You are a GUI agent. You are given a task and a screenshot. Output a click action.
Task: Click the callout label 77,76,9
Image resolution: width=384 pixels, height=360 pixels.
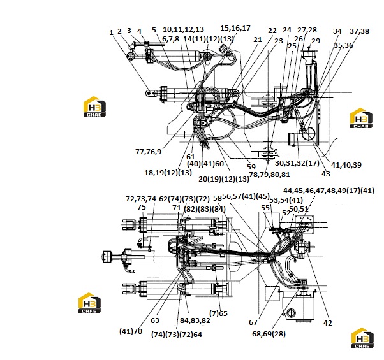(149, 152)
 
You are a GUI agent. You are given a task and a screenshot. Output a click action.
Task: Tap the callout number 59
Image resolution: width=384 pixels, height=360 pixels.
(251, 167)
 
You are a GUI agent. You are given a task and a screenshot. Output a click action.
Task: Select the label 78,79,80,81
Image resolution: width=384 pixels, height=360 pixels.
(269, 175)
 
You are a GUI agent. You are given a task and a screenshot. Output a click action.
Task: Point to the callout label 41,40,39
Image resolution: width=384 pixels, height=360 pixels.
(346, 165)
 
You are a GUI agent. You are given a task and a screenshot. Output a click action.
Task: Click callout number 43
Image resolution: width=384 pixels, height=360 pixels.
(326, 174)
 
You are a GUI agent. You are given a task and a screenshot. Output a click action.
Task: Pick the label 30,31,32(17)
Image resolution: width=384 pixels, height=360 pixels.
(297, 163)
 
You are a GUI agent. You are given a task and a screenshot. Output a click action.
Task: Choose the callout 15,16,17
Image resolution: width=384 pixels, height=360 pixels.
(235, 28)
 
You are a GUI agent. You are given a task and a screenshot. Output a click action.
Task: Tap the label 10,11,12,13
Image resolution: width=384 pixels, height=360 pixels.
(184, 29)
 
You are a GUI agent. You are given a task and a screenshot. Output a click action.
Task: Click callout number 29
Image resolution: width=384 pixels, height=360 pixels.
(316, 41)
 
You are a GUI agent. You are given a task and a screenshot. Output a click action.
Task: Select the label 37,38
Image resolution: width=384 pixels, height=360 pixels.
(359, 31)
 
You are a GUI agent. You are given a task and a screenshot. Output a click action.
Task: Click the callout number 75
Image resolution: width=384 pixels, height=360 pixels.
(142, 207)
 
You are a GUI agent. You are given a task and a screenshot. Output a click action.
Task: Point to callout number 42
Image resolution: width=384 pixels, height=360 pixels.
(328, 323)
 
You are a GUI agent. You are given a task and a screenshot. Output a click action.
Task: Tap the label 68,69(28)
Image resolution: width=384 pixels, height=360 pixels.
(269, 334)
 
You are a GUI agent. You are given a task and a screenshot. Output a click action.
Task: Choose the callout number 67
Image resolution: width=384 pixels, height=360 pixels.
(253, 322)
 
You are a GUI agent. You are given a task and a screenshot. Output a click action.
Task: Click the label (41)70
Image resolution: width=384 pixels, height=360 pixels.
(131, 331)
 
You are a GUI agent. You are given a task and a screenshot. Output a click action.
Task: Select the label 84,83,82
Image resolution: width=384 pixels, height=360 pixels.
(195, 320)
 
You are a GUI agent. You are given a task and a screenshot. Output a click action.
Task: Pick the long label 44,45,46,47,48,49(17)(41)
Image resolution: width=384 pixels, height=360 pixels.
(329, 191)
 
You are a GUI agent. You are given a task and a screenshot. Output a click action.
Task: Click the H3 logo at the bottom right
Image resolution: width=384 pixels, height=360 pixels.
(362, 338)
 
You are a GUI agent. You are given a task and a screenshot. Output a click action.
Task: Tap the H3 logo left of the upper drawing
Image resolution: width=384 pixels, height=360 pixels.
(94, 106)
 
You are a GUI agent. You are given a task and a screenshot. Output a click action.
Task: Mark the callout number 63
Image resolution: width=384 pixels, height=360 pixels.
(155, 320)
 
